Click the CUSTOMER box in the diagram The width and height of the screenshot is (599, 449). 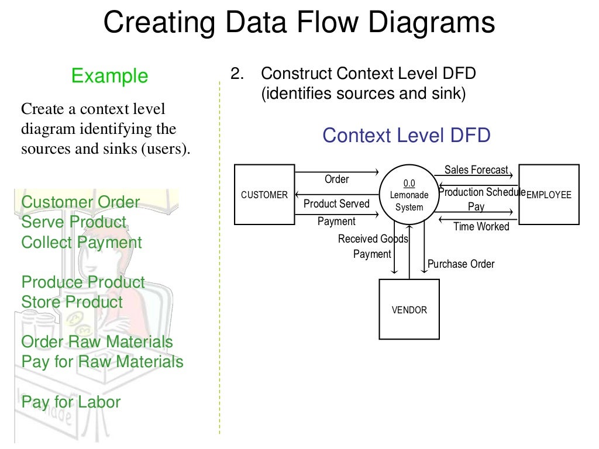point(264,195)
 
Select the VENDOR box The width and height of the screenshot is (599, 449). point(409,309)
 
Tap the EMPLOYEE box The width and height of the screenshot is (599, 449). point(549,195)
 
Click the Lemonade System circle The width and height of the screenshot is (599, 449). point(409,195)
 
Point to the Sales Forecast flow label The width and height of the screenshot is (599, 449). point(476,170)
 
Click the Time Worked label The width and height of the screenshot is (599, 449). point(481,226)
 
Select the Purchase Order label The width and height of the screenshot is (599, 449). point(461,264)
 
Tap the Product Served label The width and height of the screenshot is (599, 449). point(336,203)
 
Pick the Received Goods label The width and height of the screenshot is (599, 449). point(373,239)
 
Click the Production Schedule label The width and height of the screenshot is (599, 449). point(478,192)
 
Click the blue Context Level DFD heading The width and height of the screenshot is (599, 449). point(407,136)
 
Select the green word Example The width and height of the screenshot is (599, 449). point(109,76)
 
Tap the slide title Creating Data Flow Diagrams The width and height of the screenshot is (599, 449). point(299,24)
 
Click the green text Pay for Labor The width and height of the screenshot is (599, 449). point(71,402)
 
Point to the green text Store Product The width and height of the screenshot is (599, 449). point(72,302)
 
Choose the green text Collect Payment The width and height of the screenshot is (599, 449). point(81,242)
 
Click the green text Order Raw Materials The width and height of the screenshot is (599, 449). point(97,342)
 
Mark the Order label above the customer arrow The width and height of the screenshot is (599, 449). point(336,179)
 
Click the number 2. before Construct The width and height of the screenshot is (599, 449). point(236,74)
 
